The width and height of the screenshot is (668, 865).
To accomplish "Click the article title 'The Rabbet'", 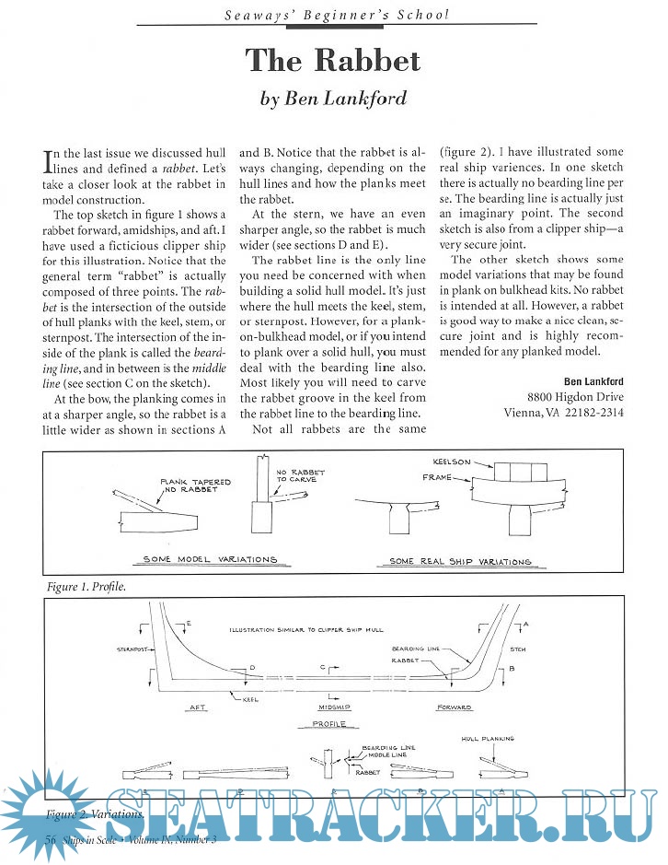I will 333,60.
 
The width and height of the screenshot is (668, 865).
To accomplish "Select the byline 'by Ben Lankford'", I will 333,99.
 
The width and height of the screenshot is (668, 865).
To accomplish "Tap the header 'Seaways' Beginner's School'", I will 333,14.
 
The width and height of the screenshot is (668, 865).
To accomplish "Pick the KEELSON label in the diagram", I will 452,461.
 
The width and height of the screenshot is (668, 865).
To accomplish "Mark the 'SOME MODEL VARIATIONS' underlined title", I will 210,559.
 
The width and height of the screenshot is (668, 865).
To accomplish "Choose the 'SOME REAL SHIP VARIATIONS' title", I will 460,561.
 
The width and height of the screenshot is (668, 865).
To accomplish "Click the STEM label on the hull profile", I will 517,649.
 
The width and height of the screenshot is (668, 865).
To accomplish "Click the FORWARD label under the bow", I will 455,707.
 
